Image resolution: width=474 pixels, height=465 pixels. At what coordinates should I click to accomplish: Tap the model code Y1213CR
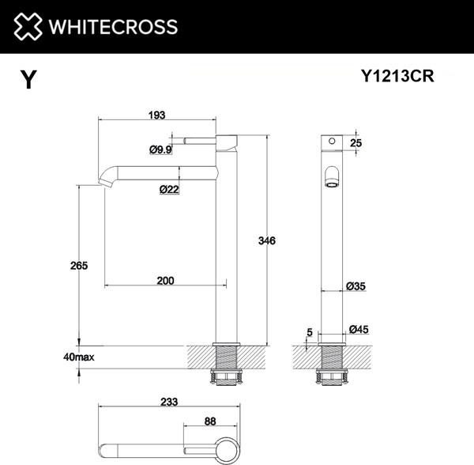click(397, 77)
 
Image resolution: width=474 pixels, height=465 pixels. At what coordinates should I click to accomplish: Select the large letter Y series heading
click(28, 80)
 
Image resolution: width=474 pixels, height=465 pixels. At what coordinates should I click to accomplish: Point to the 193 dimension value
click(156, 115)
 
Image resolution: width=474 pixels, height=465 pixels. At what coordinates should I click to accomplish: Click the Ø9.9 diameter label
click(160, 149)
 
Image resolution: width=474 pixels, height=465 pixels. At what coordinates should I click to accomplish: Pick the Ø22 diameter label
click(167, 189)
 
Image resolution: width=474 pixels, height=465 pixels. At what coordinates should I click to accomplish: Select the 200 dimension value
click(165, 280)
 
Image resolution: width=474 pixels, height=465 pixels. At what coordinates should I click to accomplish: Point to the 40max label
click(78, 357)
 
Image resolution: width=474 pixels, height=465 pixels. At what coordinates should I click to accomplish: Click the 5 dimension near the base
click(310, 333)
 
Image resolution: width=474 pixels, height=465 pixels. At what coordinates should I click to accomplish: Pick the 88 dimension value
click(209, 422)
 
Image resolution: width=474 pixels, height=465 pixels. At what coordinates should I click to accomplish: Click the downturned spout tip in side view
click(105, 183)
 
